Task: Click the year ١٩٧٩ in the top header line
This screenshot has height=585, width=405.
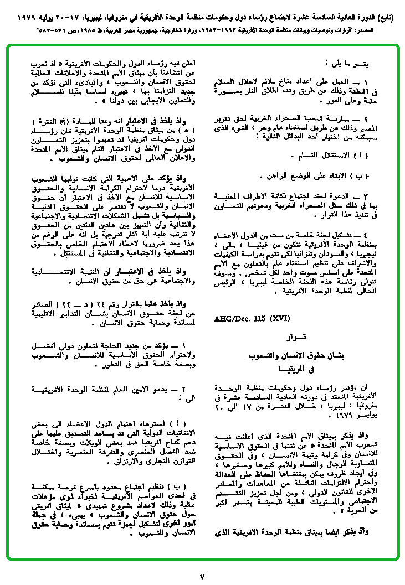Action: click(x=20, y=17)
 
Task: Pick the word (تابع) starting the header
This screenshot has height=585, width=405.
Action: click(x=385, y=17)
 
